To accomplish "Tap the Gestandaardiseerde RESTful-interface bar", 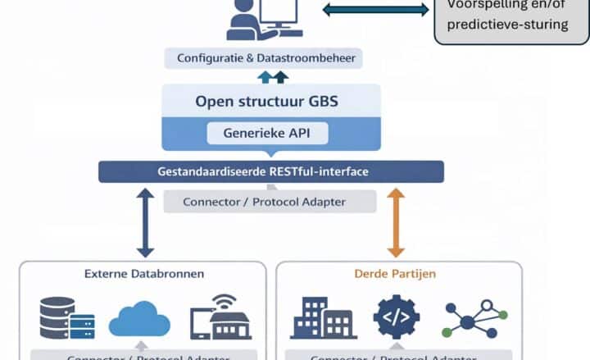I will point(270,171).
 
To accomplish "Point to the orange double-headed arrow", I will point(396,222).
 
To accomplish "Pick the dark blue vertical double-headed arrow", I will point(145,222).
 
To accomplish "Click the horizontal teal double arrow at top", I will point(375,10).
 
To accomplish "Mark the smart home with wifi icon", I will point(220,317).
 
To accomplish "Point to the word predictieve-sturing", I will point(507,25).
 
